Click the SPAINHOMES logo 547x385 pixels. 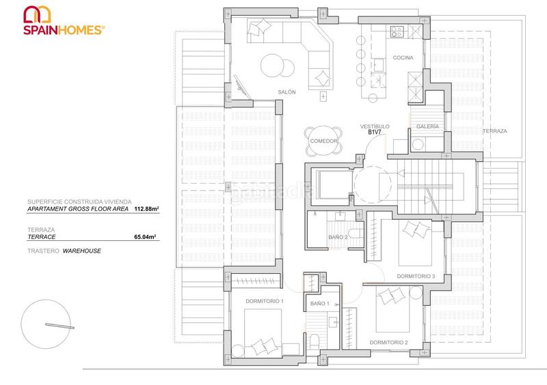[64, 21]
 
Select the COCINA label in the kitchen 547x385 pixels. [403, 58]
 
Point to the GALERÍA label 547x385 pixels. [427, 126]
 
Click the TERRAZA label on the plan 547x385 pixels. [494, 130]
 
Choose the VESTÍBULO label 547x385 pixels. [375, 126]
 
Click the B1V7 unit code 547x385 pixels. [375, 133]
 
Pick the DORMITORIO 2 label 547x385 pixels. [388, 342]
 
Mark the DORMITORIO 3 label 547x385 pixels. [416, 276]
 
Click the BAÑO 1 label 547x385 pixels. [320, 303]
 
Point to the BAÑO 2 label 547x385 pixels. [338, 237]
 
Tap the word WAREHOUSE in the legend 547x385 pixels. [82, 251]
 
